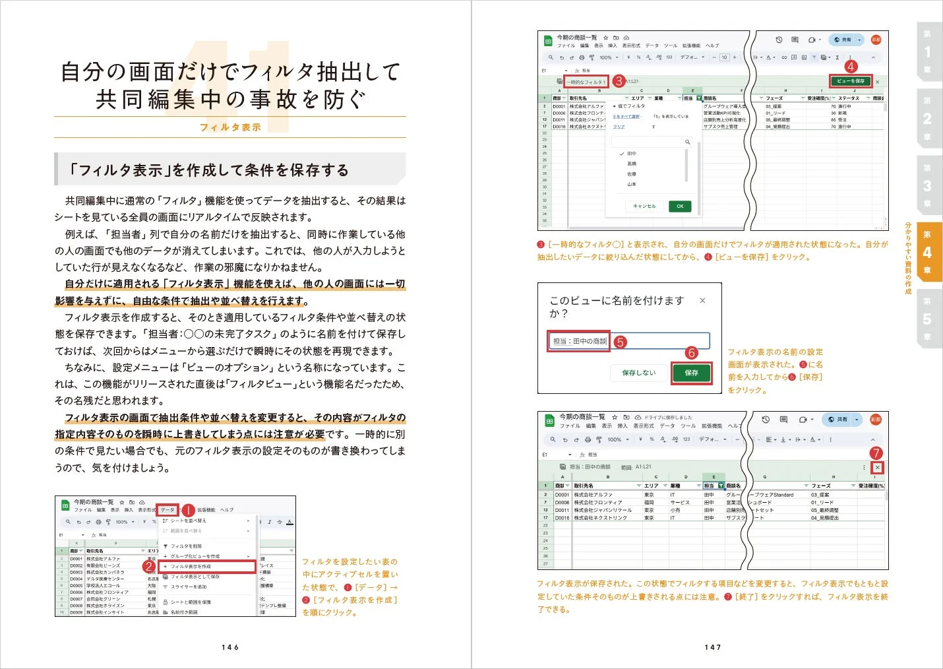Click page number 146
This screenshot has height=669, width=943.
pos(230,647)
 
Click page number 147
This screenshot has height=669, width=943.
pos(713,647)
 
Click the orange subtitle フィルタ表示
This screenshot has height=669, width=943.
pos(230,127)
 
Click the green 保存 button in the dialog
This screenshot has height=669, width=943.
pos(691,373)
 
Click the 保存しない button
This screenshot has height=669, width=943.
pos(638,373)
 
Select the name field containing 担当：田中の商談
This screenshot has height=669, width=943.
pos(579,341)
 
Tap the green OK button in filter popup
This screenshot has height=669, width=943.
pos(680,206)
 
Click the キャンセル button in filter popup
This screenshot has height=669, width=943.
pos(644,206)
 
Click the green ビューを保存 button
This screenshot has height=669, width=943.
pos(850,81)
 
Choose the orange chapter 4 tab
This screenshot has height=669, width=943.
pos(927,252)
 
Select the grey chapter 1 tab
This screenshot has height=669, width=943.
pos(927,51)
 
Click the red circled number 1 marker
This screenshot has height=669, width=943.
pos(187,510)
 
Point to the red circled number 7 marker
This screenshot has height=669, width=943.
pos(876,453)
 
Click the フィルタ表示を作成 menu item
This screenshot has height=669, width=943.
pos(208,567)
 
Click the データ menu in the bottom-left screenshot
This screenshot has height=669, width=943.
pos(167,510)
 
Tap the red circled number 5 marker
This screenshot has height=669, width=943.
pos(620,342)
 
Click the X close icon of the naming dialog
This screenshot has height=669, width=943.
pos(702,301)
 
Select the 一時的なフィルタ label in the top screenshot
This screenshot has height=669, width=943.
pos(586,82)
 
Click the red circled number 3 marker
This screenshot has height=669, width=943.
pos(618,81)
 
